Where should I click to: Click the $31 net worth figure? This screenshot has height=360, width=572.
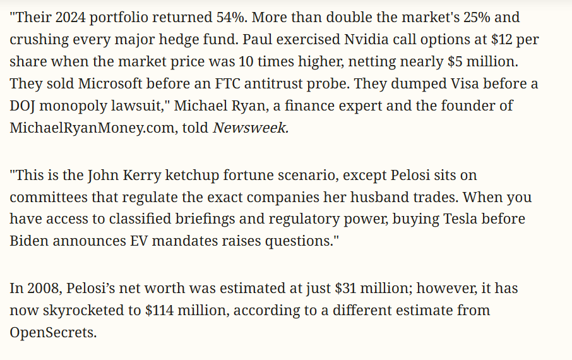click(347, 289)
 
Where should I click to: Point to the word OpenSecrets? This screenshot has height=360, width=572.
click(52, 333)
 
